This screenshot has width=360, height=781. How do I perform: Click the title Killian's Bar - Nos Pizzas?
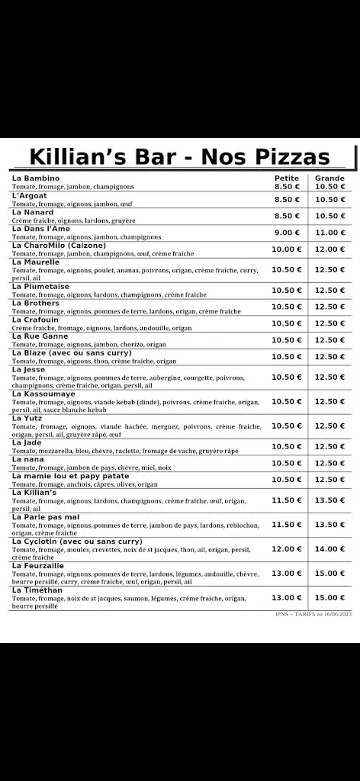(x=180, y=156)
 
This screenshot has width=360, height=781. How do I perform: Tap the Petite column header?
(x=287, y=178)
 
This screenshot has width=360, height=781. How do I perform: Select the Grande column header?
(x=329, y=178)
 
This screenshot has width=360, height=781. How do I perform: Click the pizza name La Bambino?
(x=36, y=178)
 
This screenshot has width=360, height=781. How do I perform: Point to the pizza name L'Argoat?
(x=30, y=195)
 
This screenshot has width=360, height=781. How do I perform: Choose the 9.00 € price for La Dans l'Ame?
(x=287, y=233)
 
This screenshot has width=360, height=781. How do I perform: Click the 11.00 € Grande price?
(x=330, y=233)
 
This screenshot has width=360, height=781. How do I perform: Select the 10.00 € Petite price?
(x=287, y=249)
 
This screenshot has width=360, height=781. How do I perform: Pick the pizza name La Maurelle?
(x=37, y=262)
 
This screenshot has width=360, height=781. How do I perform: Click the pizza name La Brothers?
(x=36, y=303)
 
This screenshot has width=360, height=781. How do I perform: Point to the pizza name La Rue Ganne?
(x=40, y=336)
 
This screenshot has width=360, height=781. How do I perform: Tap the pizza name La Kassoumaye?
(x=43, y=394)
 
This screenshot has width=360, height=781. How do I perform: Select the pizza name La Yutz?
(x=27, y=418)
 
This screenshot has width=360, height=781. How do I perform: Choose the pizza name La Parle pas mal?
(x=46, y=516)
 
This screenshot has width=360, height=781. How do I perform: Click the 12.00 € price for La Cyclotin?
(x=287, y=549)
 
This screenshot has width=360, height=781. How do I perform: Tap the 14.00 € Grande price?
(x=330, y=549)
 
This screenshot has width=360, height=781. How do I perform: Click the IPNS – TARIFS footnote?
(x=313, y=613)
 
